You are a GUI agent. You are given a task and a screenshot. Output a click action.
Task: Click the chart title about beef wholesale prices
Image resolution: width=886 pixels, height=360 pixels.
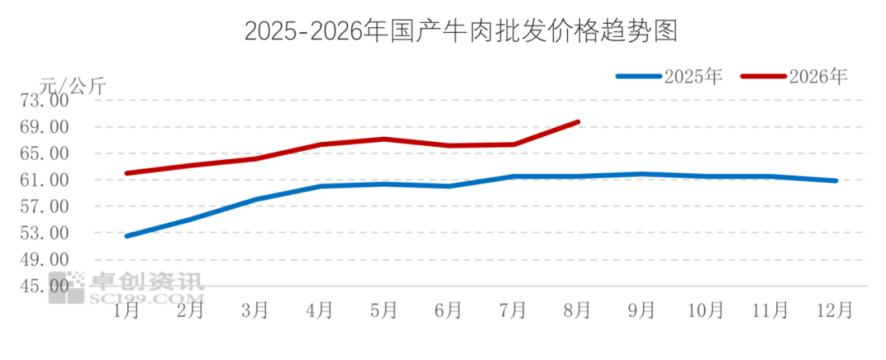(460, 32)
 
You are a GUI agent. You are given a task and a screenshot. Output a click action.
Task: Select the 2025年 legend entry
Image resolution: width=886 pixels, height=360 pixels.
(669, 76)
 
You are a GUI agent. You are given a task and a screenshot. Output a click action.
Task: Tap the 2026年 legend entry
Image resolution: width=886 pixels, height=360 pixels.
(794, 76)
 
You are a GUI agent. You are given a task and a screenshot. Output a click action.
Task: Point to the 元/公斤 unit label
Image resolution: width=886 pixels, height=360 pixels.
(72, 85)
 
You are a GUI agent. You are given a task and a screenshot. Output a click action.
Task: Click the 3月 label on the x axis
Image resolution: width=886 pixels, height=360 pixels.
(255, 310)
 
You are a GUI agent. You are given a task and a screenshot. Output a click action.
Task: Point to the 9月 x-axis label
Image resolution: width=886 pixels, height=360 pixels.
(642, 310)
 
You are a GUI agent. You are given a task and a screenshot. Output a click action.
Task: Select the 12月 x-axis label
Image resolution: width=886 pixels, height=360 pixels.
(836, 310)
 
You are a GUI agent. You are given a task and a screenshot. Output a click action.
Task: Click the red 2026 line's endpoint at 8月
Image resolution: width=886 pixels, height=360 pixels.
(578, 121)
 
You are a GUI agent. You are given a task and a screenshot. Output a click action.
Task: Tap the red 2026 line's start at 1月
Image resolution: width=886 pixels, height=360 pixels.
(126, 173)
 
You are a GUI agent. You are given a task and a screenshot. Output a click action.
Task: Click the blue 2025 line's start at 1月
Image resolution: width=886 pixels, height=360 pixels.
(126, 235)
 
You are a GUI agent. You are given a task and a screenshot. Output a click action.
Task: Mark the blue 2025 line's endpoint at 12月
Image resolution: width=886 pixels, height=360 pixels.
(836, 181)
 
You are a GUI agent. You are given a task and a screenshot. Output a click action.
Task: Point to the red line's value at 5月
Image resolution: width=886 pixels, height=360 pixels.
(385, 139)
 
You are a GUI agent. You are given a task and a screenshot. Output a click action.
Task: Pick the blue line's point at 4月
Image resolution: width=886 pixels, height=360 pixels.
(321, 186)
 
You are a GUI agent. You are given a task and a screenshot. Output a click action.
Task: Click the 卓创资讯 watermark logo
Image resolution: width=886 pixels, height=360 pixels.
(126, 287)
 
